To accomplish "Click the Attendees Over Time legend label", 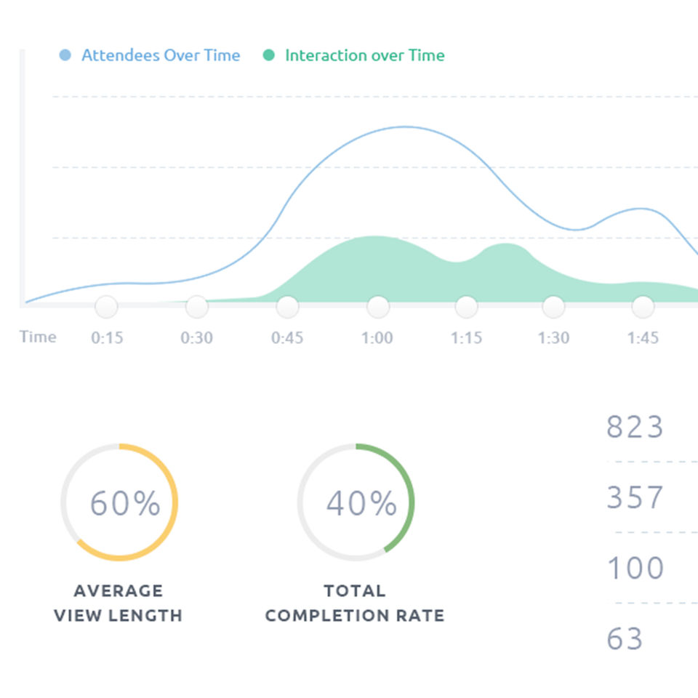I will tap(161, 55).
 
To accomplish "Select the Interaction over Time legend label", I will tap(364, 55).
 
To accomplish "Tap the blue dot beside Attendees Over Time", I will tap(65, 55).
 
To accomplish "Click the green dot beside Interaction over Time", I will tap(269, 55).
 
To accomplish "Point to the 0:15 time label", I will tap(106, 338).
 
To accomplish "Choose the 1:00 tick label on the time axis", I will tap(377, 338).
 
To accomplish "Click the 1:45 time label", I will tap(643, 338).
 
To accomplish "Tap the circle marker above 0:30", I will tap(196, 307).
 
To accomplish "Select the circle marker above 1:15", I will tap(466, 307).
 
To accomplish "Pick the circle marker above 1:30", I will tap(553, 307).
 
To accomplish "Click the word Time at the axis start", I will tap(38, 337).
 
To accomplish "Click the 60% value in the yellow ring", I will tap(125, 503).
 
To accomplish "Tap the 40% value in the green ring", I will tap(361, 503).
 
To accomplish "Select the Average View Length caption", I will tap(118, 603).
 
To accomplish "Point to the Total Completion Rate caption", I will tap(355, 603).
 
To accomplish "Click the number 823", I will tap(635, 428).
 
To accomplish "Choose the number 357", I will tap(635, 498).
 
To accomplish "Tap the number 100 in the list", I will tap(635, 568).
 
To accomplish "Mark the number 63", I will tap(625, 639).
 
